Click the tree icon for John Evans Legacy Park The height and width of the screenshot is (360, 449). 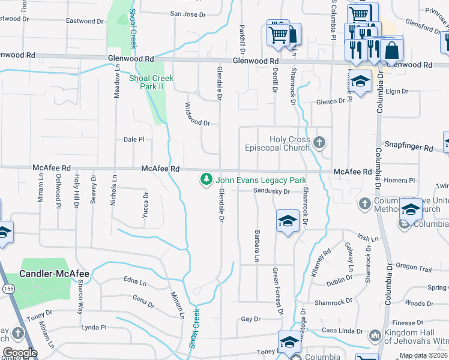(x=206, y=179)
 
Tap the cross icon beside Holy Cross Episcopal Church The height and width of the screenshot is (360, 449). (x=319, y=143)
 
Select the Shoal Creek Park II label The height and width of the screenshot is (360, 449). (x=152, y=82)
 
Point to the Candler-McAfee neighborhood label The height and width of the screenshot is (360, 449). (x=55, y=274)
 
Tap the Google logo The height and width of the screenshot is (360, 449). (x=19, y=353)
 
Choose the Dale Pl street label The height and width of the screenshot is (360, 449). (x=134, y=139)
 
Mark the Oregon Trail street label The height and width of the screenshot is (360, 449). (x=414, y=268)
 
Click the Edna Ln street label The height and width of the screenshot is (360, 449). (x=134, y=281)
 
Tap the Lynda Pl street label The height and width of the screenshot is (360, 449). (x=94, y=328)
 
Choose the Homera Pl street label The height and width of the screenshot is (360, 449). (x=400, y=180)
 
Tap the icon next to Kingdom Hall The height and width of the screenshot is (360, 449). (x=375, y=335)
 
